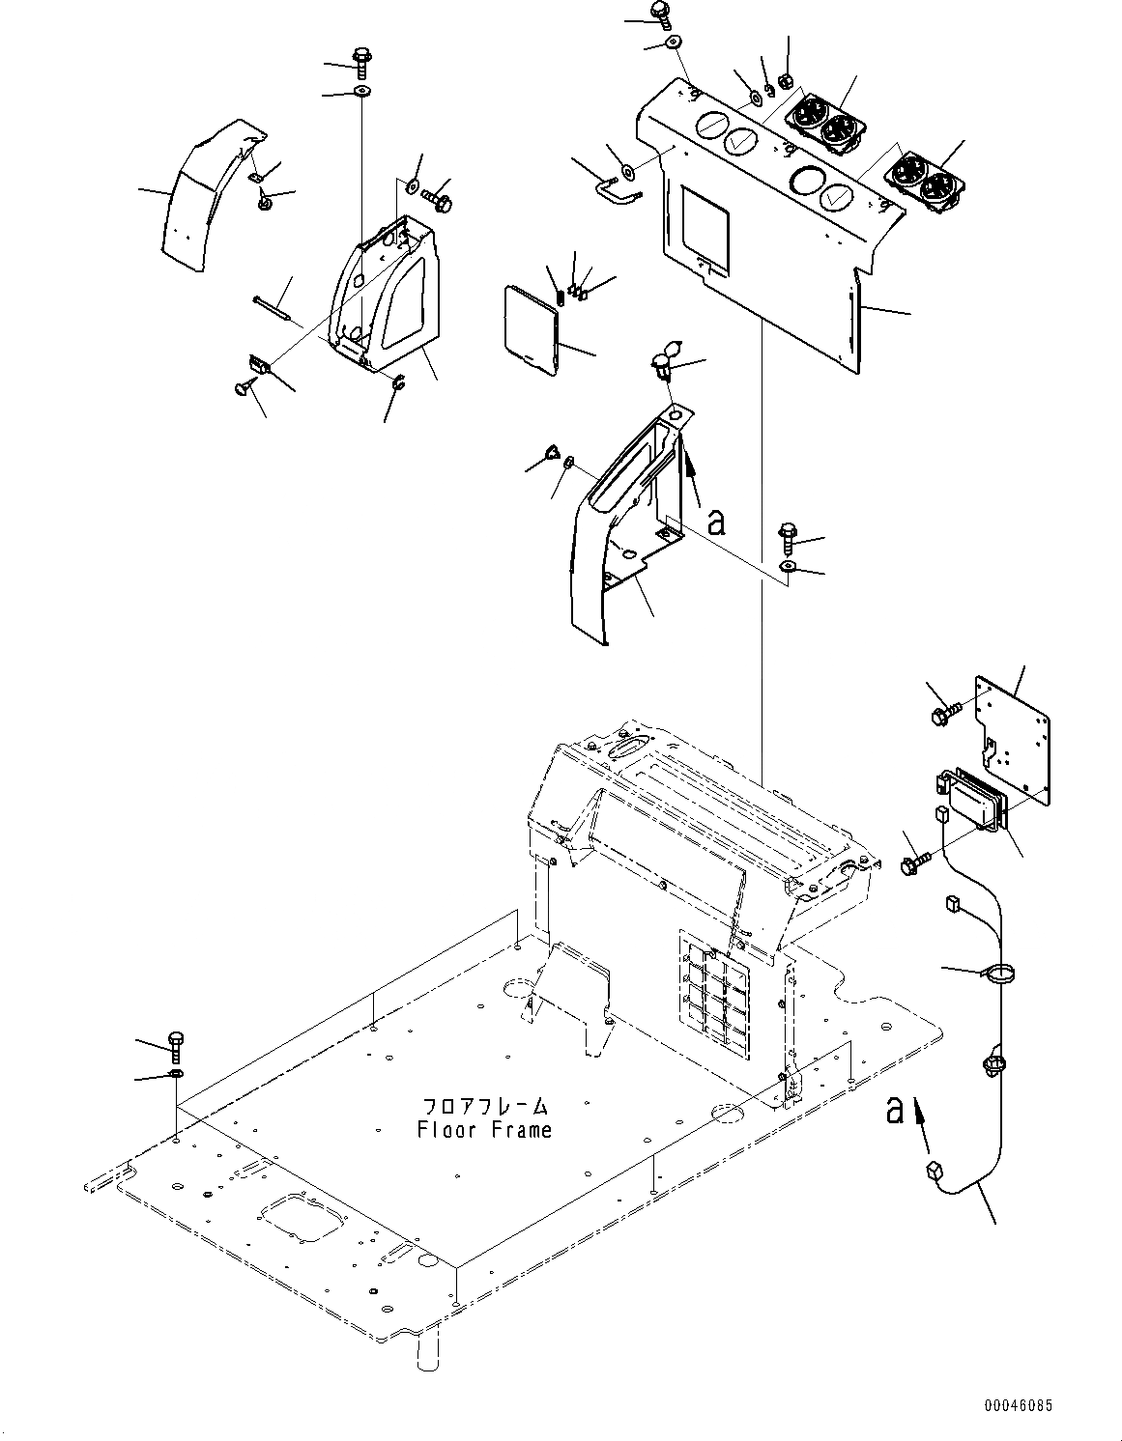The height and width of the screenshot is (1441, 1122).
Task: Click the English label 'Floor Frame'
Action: pyautogui.click(x=484, y=1129)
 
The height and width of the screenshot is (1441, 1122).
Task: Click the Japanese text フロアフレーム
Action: pyautogui.click(x=484, y=1106)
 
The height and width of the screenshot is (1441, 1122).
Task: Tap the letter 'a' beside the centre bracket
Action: pyautogui.click(x=715, y=523)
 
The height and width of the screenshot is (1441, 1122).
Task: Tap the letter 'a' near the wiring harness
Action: pyautogui.click(x=895, y=1111)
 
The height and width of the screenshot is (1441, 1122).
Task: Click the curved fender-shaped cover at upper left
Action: pyautogui.click(x=208, y=193)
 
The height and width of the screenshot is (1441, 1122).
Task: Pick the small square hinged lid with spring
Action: pyautogui.click(x=532, y=326)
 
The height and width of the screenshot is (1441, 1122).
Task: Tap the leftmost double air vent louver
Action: pyautogui.click(x=824, y=121)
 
